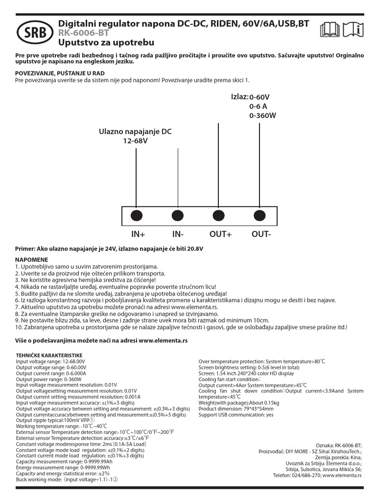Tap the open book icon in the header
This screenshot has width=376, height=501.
[x=329, y=30]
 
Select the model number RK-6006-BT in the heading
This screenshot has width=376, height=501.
[x=84, y=33]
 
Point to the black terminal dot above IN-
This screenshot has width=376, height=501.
[x=178, y=215]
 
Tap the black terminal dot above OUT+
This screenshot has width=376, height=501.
[x=218, y=215]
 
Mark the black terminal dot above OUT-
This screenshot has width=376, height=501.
[x=259, y=215]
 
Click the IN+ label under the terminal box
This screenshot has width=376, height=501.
[x=139, y=234]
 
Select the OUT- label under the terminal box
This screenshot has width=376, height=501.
[x=261, y=234]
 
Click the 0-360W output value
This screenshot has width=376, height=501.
[x=263, y=116]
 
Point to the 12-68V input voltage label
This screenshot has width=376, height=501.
[x=135, y=141]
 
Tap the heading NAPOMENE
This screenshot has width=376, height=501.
[x=32, y=260]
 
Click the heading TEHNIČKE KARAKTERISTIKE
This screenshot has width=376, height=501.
[x=49, y=355]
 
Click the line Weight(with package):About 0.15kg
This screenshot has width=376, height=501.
[x=239, y=403]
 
